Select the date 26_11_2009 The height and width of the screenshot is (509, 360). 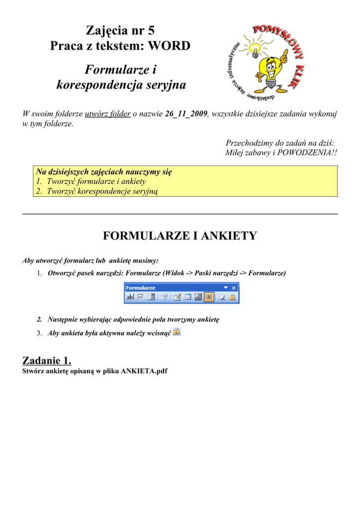186,114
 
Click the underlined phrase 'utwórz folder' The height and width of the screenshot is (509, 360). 108,114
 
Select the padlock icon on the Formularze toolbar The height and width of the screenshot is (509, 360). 232,297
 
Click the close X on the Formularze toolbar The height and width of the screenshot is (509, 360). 234,288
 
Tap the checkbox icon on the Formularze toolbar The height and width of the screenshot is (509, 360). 140,297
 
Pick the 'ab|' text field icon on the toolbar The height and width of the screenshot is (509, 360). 130,297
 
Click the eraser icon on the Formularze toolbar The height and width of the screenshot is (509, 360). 223,297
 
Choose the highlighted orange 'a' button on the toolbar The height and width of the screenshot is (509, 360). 209,297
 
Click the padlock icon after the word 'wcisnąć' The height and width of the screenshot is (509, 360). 177,332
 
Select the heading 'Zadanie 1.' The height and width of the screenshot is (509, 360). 47,360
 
